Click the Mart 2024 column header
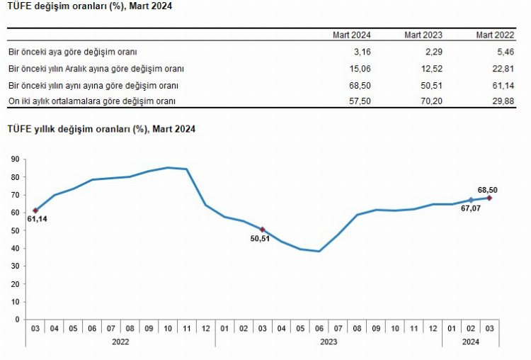coord(353,35)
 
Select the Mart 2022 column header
coord(494,35)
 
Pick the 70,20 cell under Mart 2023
coord(430,101)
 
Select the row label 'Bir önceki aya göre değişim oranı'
coord(72,52)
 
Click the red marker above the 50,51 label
coord(263,229)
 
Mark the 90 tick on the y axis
coord(15,159)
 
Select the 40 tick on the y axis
coord(15,248)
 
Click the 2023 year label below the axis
coord(328,342)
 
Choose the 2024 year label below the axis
coord(470,342)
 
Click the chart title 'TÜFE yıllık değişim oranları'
coord(101,129)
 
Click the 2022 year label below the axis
coord(120,342)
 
